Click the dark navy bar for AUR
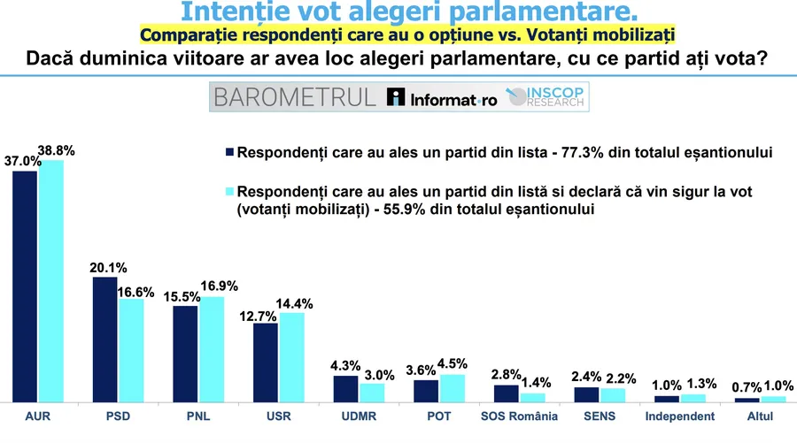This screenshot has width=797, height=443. coord(25,286)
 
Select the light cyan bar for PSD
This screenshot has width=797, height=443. coord(131,351)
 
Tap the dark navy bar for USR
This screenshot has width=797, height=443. coord(266,363)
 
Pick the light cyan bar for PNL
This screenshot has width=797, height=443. coord(212,349)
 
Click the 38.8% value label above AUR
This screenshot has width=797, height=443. coord(56,150)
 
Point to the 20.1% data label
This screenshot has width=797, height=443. coord(108,267)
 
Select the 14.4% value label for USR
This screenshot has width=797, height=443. coord(294,304)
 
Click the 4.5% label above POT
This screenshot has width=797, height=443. coord(452,363)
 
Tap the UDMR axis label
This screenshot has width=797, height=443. coord(359,416)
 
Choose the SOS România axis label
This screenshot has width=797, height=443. coord(519,416)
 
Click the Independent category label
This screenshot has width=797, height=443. coord(679,416)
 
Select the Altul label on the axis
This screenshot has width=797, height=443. coord(760,416)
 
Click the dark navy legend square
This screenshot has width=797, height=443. coord(229,152)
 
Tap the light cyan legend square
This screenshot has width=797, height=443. coord(229,191)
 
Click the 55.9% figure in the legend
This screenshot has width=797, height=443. coord(404,209)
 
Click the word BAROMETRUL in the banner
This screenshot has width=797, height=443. coord(295,97)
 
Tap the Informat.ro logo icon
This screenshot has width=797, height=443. coord(396,96)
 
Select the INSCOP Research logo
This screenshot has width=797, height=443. coord(546,96)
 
